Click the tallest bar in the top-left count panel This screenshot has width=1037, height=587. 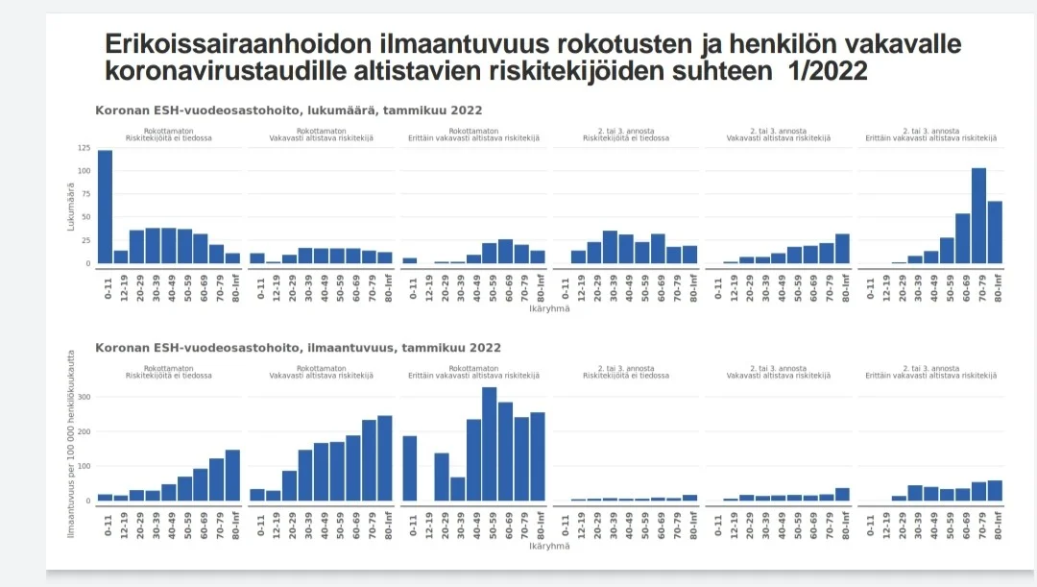tap(105, 207)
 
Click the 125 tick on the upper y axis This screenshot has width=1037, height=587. tap(84, 149)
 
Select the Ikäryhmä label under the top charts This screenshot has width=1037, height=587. tap(549, 308)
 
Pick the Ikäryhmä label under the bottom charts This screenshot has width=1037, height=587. tap(549, 547)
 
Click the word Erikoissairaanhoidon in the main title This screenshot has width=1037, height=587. tap(230, 44)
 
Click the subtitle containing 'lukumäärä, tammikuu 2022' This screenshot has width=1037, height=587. tap(288, 110)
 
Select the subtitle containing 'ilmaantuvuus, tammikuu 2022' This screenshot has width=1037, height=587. tap(298, 348)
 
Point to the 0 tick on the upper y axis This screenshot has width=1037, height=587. tap(88, 263)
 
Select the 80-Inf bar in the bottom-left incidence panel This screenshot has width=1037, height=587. tap(231, 477)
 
